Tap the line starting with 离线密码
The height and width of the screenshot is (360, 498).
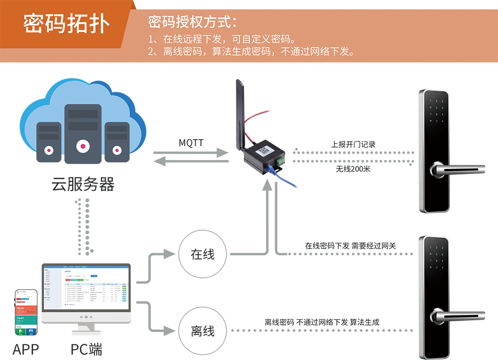click(x=252, y=52)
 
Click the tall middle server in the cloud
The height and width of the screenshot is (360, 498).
click(x=82, y=130)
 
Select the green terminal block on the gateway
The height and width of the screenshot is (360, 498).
click(x=280, y=161)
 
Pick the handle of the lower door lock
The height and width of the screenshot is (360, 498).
click(x=450, y=313)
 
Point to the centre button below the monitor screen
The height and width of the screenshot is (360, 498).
click(x=85, y=317)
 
